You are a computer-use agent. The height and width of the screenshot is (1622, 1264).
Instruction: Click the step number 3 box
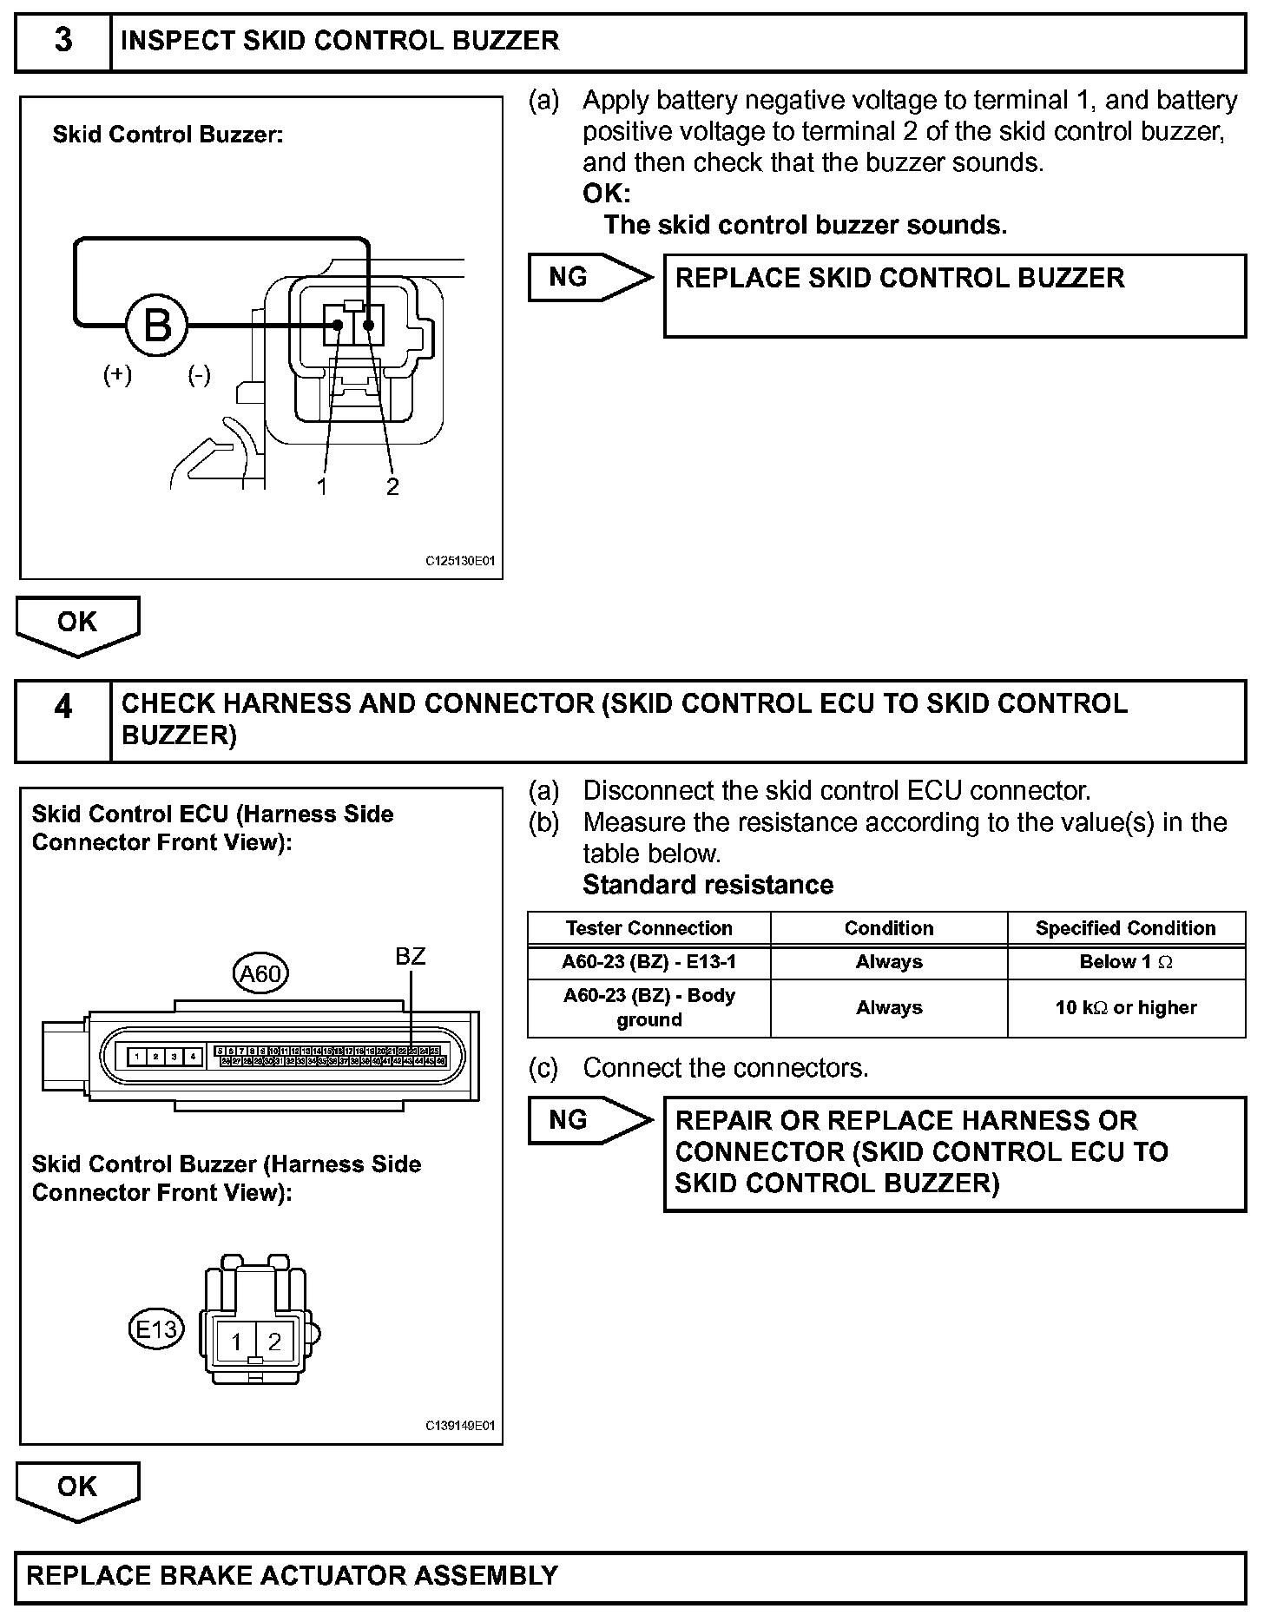63,41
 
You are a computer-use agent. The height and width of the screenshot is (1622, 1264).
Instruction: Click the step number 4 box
63,707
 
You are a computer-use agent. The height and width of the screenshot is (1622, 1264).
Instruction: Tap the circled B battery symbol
157,326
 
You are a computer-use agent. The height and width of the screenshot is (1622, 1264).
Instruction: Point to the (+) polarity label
117,375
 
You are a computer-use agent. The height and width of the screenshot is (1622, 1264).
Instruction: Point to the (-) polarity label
200,375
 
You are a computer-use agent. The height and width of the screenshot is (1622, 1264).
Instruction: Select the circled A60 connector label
260,974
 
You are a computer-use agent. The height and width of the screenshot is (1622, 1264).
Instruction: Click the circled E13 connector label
157,1329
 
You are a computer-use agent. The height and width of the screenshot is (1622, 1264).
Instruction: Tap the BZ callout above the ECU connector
410,957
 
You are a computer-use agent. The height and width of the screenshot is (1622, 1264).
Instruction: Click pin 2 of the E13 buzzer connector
274,1342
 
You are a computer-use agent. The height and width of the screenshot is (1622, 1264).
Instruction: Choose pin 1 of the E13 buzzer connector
236,1342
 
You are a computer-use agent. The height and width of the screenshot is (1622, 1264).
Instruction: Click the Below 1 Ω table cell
1126,962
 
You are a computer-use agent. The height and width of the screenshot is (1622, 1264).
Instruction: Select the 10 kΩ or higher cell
1126,1008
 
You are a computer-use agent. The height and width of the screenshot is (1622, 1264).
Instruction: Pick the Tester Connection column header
649,928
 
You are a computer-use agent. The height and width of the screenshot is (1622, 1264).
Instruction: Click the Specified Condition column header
1126,928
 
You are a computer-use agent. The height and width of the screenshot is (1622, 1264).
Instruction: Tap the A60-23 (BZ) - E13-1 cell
649,962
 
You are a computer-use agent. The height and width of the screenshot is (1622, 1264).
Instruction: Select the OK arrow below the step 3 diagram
77,623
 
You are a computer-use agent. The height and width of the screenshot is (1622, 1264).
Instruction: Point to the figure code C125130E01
460,562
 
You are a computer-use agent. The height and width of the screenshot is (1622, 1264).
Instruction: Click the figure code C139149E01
460,1426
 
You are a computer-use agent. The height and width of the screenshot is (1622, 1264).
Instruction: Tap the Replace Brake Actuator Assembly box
630,1576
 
